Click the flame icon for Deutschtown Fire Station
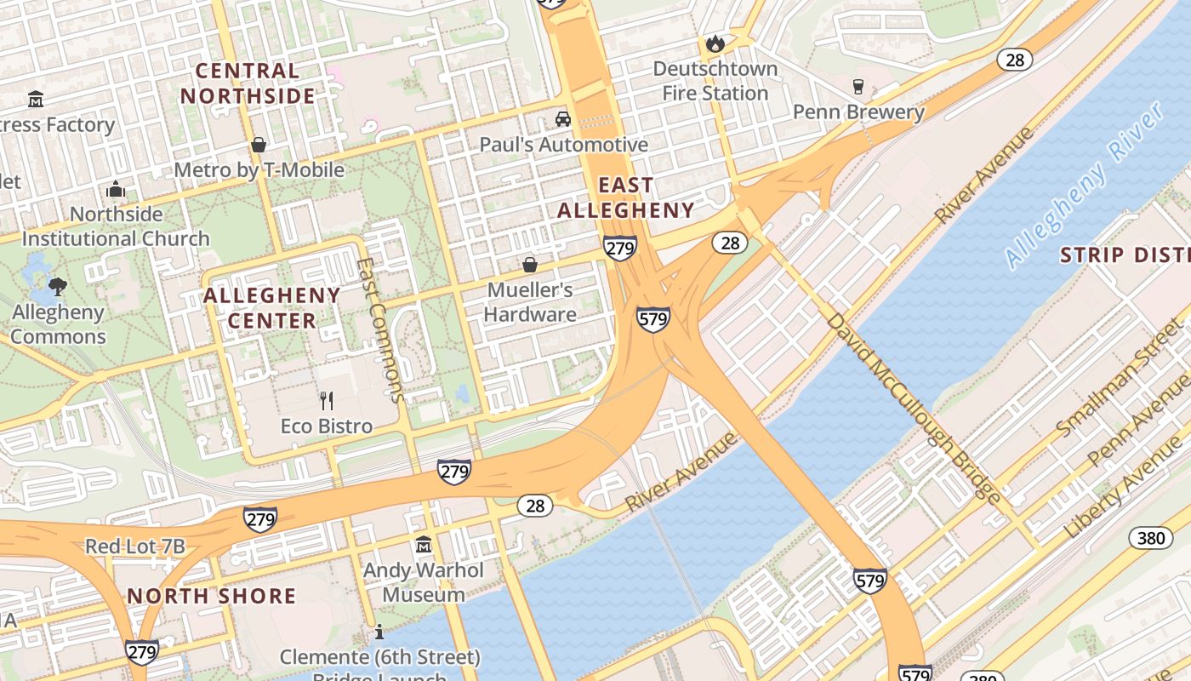coord(715,43)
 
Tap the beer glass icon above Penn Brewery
coord(858,87)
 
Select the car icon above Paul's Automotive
coord(562,118)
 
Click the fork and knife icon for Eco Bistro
coord(327,400)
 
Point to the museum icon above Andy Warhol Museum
coord(423,544)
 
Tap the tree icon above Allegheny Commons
coord(58,286)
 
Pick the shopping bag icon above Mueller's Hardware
coord(530,265)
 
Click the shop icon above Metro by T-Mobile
coord(259,145)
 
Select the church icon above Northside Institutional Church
coord(116,189)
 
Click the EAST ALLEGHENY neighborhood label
coord(626,197)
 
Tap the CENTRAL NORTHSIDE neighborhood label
coord(248,83)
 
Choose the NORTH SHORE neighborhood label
coord(212,596)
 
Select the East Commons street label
coord(379,329)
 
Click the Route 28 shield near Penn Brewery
coord(1015,59)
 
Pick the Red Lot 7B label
coord(134,547)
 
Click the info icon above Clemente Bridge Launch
coord(379,632)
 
